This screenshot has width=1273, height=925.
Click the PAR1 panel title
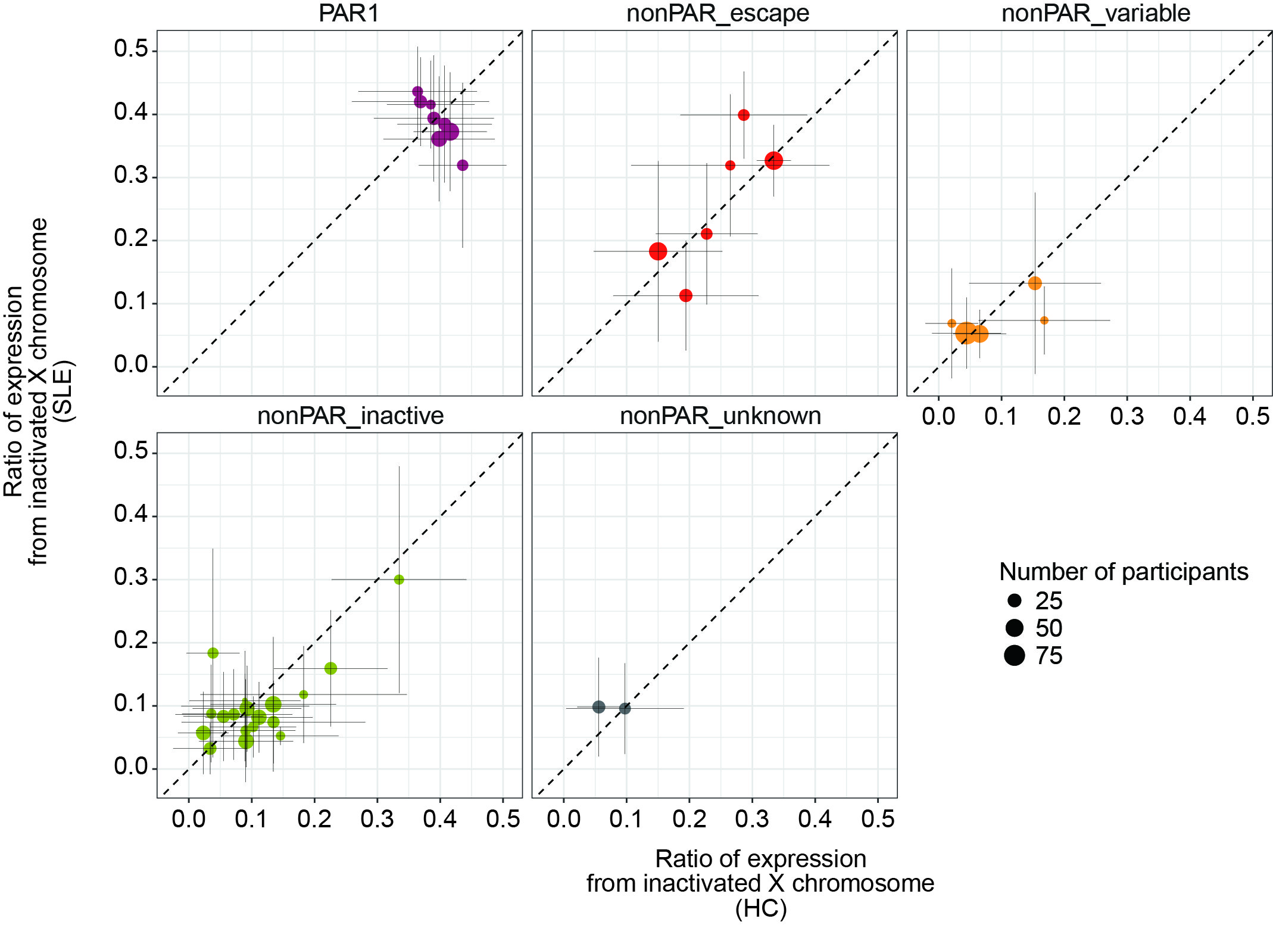click(349, 13)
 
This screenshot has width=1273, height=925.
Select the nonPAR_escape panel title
click(717, 13)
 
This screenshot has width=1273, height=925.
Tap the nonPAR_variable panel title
click(1095, 13)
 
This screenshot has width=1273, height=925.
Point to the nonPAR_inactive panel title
click(350, 416)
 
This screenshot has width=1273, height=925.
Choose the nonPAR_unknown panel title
click(720, 416)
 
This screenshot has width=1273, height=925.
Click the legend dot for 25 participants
click(1015, 600)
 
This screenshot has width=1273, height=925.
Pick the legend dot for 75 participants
click(1015, 655)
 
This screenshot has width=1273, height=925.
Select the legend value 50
click(1049, 628)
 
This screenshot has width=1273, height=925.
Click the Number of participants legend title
click(1123, 572)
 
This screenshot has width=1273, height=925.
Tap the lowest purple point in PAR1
click(463, 165)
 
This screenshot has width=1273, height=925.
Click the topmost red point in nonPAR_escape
click(744, 115)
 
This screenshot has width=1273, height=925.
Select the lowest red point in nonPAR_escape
click(686, 295)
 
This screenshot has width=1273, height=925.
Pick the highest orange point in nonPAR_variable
click(1035, 283)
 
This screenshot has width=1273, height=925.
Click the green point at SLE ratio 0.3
click(399, 580)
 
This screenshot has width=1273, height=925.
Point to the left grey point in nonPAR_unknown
click(599, 707)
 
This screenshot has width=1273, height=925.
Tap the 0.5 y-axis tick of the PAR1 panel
click(131, 49)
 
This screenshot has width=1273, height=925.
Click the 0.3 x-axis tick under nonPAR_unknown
click(752, 819)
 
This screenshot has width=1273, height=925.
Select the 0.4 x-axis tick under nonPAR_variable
click(1190, 416)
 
